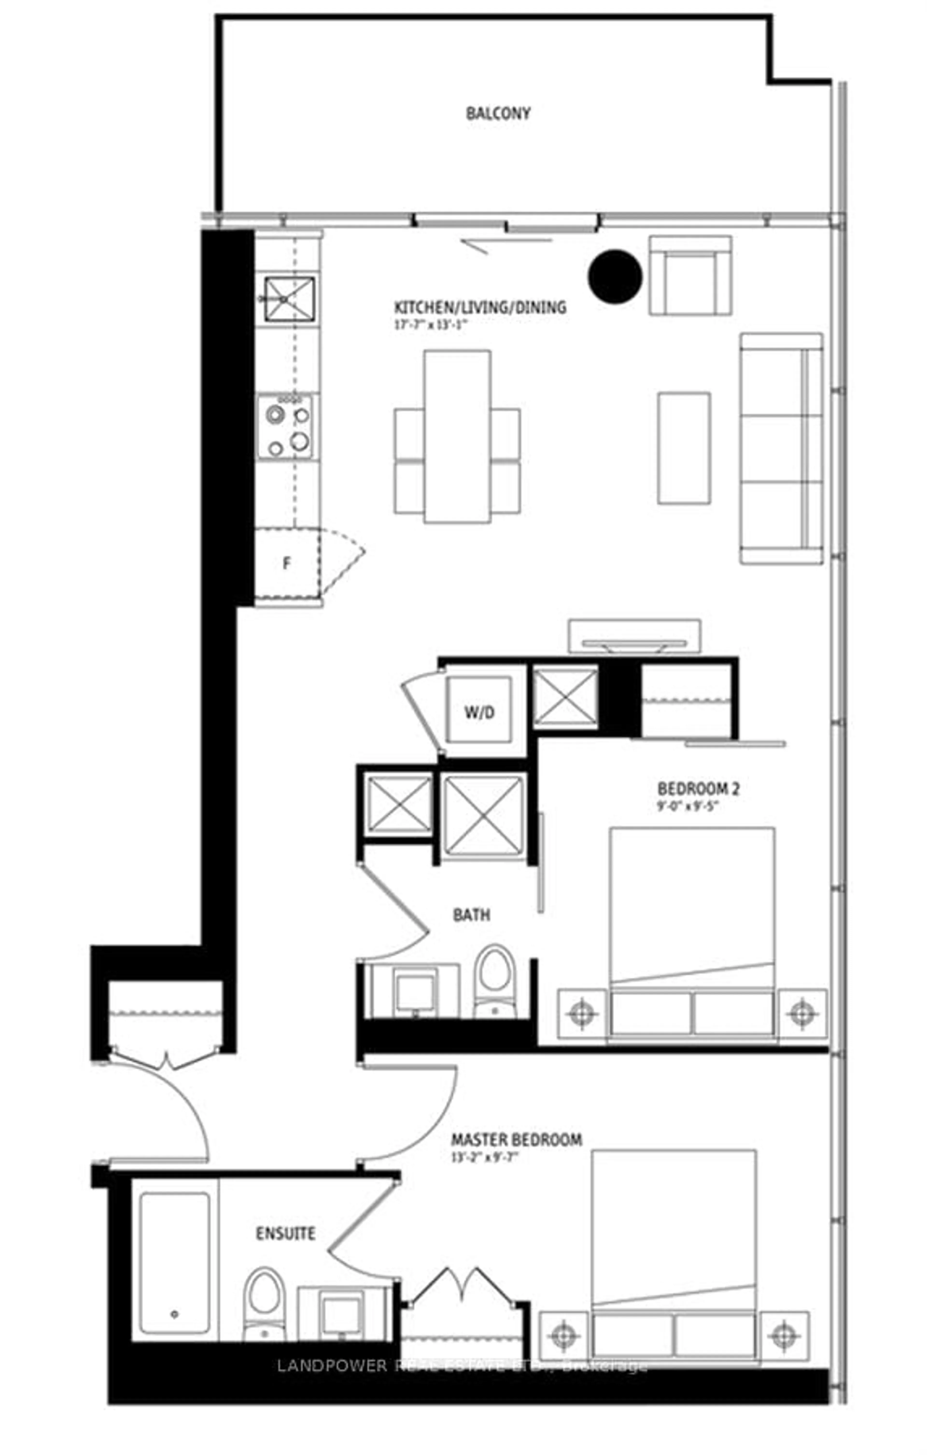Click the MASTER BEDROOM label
coord(516,1140)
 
